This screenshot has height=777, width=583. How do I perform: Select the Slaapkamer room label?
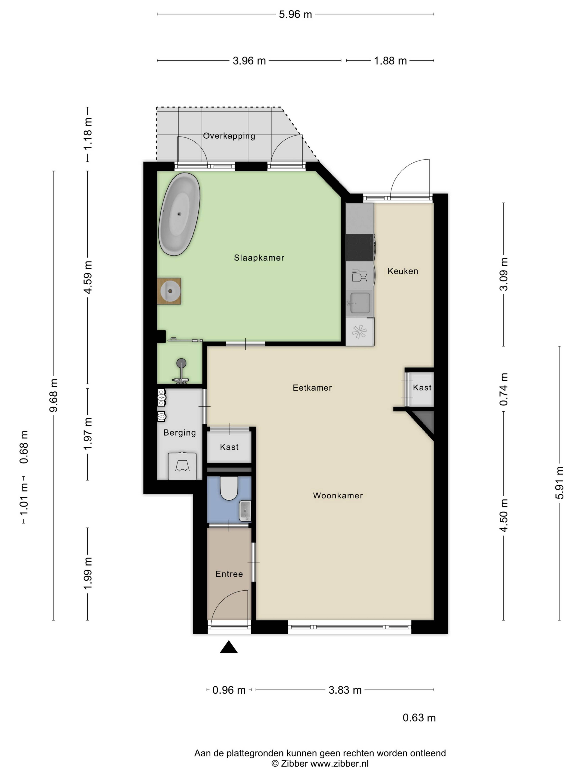pyautogui.click(x=259, y=258)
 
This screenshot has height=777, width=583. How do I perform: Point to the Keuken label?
pyautogui.click(x=403, y=271)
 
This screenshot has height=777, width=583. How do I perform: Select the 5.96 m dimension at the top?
pyautogui.click(x=295, y=14)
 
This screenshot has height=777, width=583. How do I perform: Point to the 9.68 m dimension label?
pyautogui.click(x=54, y=395)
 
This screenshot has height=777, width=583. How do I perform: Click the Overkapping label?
pyautogui.click(x=229, y=136)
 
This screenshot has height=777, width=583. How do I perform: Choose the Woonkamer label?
pyautogui.click(x=338, y=496)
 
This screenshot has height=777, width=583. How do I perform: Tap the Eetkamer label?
pyautogui.click(x=312, y=388)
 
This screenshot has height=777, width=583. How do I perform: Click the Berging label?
pyautogui.click(x=180, y=433)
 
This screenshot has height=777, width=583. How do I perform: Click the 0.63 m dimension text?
pyautogui.click(x=419, y=718)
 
